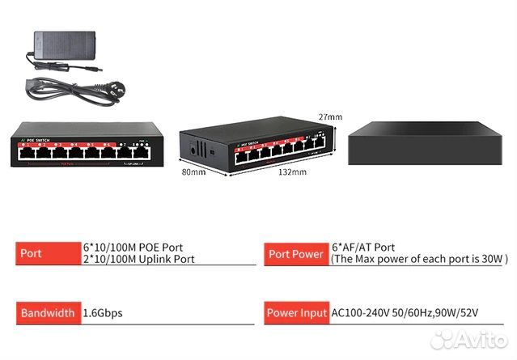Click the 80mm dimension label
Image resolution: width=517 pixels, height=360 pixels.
[193, 172]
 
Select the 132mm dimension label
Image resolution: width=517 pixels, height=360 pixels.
[292, 172]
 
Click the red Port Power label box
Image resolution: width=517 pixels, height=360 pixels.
[295, 253]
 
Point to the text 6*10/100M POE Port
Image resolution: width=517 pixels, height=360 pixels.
[133, 248]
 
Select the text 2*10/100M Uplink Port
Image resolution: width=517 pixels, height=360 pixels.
[138, 260]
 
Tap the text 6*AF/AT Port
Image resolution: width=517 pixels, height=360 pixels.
[363, 248]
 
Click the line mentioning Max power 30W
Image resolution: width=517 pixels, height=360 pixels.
[418, 260]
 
